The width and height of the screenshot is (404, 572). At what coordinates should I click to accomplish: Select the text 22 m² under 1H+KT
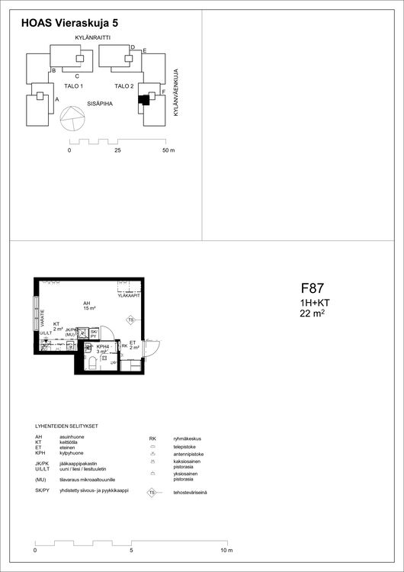(x=313, y=313)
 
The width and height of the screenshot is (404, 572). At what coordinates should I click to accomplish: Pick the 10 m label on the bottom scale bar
(x=226, y=550)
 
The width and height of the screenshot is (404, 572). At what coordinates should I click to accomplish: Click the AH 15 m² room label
(x=88, y=306)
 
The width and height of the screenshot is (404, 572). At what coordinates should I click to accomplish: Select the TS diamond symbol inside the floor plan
(x=130, y=320)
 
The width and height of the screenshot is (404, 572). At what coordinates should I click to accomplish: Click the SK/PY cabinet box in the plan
(x=94, y=333)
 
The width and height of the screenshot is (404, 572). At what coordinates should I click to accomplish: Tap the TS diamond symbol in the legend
(x=152, y=493)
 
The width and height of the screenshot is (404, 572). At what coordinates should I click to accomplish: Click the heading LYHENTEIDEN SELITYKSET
(x=67, y=426)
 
